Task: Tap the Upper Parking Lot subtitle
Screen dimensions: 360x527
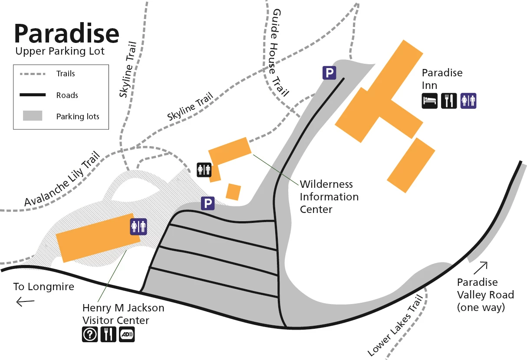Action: [60, 52]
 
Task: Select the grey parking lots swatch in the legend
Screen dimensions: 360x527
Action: [33, 116]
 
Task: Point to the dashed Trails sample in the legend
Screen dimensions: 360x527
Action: [33, 74]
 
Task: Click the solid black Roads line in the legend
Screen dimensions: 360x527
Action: [33, 95]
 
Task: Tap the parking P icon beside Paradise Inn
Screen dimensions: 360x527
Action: [329, 72]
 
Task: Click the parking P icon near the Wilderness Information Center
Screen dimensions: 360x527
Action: [208, 203]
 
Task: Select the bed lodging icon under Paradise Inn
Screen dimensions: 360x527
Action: [430, 101]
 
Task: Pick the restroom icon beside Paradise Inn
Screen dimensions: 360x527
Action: [468, 101]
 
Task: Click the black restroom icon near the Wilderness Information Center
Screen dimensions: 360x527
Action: [204, 170]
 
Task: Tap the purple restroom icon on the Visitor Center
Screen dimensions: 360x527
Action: [139, 226]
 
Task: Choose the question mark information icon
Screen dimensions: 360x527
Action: [90, 334]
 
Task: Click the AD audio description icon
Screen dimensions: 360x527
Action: [127, 334]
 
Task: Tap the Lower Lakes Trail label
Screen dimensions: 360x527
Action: [395, 326]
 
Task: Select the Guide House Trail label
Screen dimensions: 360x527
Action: [279, 52]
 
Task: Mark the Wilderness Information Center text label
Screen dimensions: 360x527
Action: [329, 197]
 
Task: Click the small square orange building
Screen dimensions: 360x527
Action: [234, 192]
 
